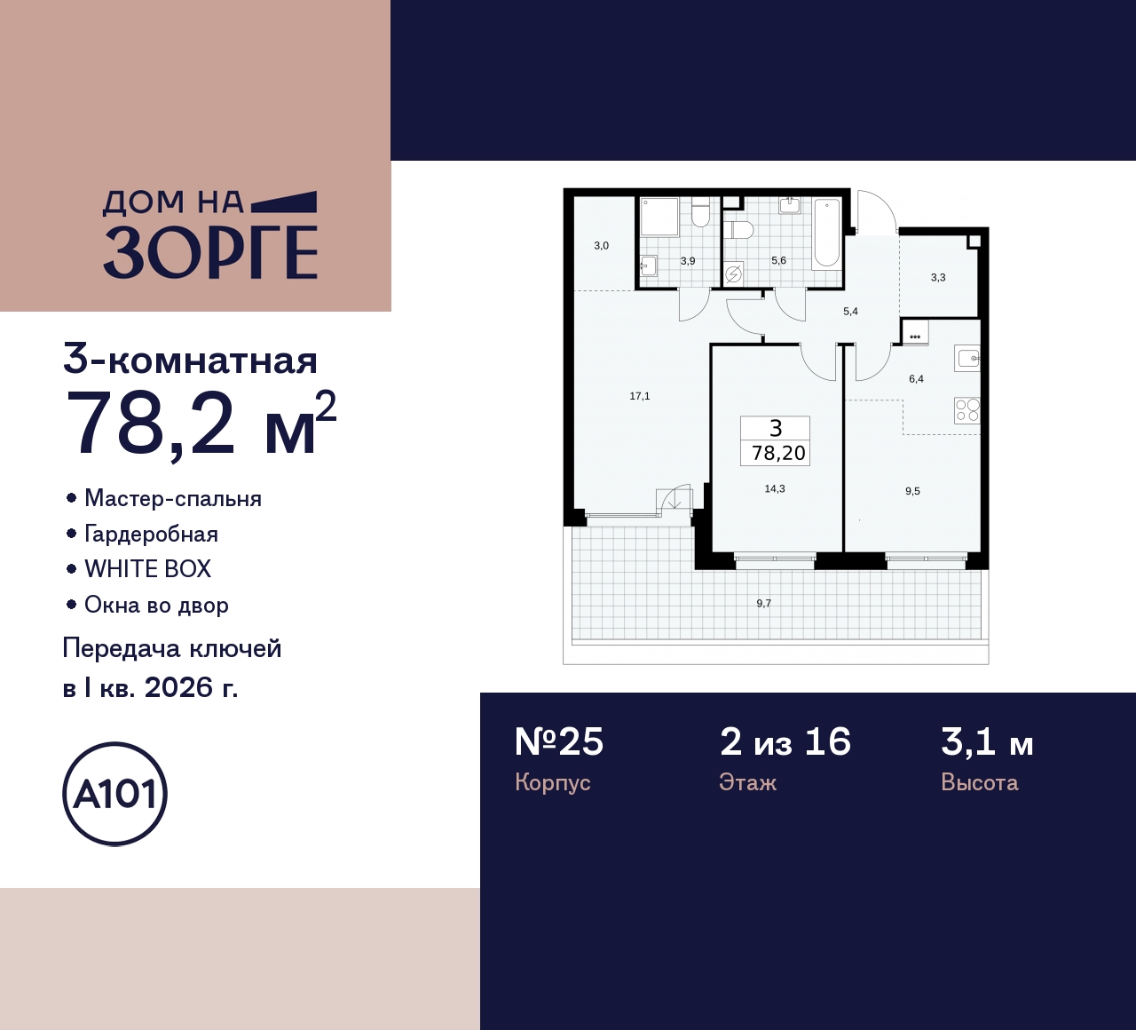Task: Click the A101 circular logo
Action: (x=114, y=794)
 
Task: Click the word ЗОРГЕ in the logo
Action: (x=210, y=252)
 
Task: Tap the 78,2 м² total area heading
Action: (x=201, y=424)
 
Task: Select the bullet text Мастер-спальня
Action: (x=172, y=498)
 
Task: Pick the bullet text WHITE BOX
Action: (x=147, y=569)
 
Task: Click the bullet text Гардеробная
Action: (x=151, y=534)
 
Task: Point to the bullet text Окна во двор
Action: (x=156, y=605)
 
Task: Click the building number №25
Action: (x=559, y=742)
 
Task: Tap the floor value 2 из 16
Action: (x=785, y=742)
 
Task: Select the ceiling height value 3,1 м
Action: (x=987, y=742)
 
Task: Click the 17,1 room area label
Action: (x=639, y=396)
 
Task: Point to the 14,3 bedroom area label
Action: (x=774, y=488)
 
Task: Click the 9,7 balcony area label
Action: (x=763, y=603)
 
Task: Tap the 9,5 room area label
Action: (x=912, y=491)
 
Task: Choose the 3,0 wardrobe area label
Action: (x=601, y=246)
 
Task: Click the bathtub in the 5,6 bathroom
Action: (x=826, y=232)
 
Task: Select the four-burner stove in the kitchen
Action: (x=966, y=410)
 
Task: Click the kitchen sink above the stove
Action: (x=967, y=359)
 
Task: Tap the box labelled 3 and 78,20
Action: (x=777, y=441)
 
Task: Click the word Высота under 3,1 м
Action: (x=979, y=782)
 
